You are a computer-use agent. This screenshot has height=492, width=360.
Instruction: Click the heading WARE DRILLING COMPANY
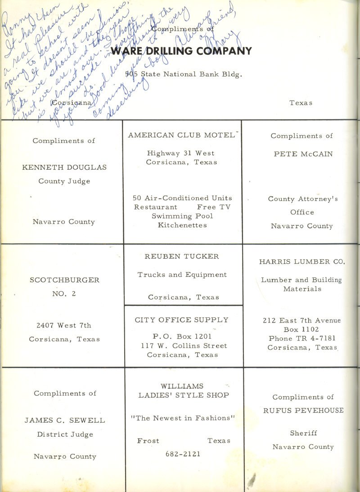click(x=181, y=51)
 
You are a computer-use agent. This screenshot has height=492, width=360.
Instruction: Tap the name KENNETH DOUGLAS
click(x=64, y=167)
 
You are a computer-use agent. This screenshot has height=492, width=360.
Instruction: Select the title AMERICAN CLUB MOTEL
click(x=181, y=135)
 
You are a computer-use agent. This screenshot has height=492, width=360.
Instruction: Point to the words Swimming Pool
click(x=182, y=216)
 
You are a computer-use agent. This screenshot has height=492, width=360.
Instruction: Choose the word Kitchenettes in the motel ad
click(x=182, y=225)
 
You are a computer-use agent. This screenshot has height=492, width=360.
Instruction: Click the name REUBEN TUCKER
click(x=182, y=256)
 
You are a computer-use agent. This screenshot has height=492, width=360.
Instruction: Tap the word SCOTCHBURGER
click(x=64, y=280)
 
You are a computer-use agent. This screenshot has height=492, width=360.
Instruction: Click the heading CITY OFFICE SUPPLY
click(x=182, y=320)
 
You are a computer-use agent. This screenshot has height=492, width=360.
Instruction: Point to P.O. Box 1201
click(x=182, y=335)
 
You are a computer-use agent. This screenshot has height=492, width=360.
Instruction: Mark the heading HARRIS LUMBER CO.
click(x=302, y=261)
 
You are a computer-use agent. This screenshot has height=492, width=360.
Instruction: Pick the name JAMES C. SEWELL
click(x=65, y=420)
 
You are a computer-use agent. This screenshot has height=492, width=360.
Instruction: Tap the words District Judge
click(x=65, y=434)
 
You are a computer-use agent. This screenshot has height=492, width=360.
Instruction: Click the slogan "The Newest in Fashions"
click(x=183, y=418)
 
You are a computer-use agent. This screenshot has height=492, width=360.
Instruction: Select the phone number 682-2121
click(x=183, y=454)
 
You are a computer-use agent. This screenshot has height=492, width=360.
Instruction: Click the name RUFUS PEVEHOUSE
click(x=303, y=410)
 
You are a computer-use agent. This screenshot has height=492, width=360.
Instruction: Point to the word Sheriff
click(x=303, y=433)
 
